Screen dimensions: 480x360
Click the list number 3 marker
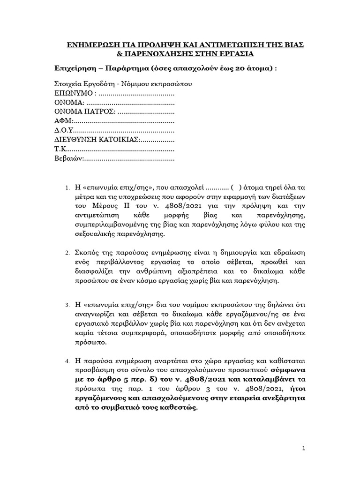click(x=67, y=306)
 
